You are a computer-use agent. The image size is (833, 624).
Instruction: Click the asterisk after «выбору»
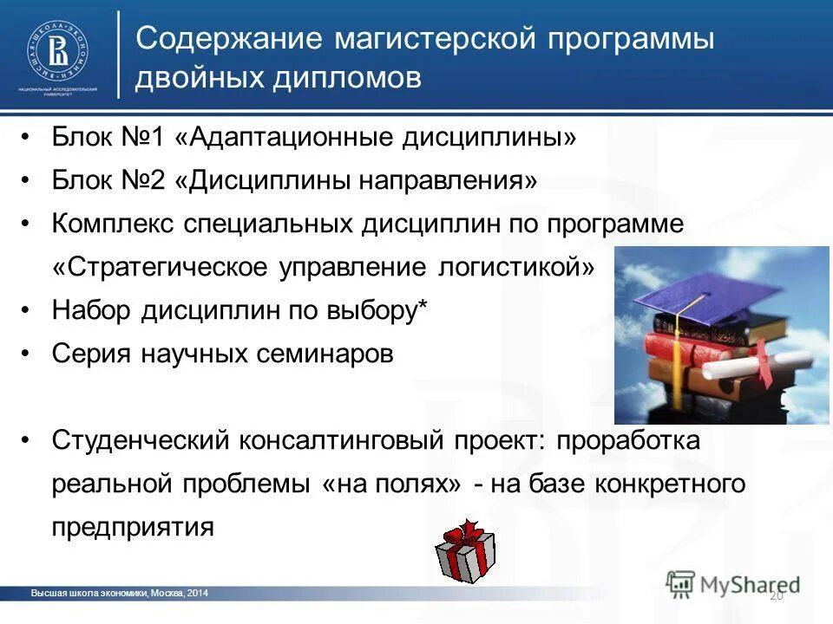[423, 307]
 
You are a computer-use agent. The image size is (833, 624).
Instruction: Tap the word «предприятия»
[132, 527]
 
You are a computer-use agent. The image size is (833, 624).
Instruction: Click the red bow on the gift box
[469, 530]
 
